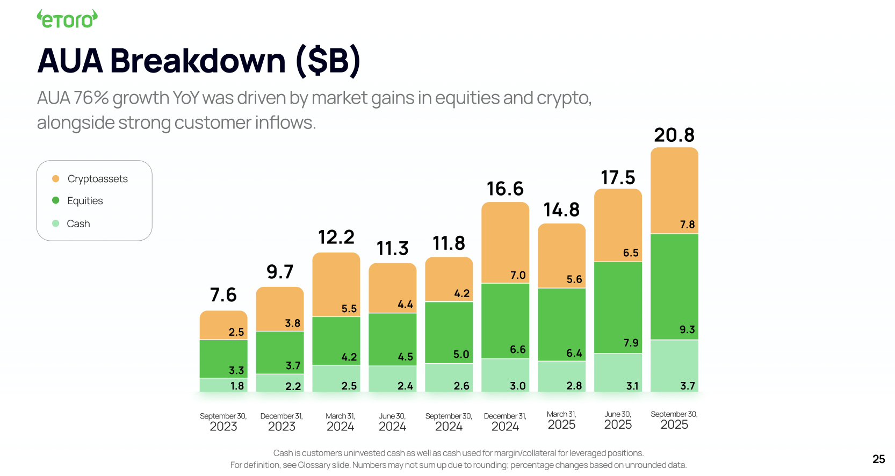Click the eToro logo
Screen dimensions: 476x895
coord(67,19)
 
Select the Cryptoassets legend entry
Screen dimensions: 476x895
coord(97,179)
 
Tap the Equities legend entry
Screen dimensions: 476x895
coord(85,201)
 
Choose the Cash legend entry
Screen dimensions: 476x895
coord(78,223)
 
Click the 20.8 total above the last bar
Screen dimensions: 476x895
coord(674,135)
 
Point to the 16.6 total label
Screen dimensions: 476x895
coord(505,189)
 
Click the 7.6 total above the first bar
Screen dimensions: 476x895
coord(223,295)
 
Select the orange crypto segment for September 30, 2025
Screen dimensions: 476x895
coord(674,188)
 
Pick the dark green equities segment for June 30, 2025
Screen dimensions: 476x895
coord(618,306)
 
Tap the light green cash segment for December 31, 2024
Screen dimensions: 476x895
coord(505,375)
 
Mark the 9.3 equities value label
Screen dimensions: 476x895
coord(687,329)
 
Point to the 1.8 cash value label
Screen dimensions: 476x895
coord(237,386)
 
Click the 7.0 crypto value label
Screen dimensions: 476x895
coord(518,275)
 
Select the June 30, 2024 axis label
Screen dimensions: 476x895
coord(392,422)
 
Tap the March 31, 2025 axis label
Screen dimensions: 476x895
coord(561,420)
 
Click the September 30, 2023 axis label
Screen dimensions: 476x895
coord(223,422)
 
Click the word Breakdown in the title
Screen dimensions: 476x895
coord(198,61)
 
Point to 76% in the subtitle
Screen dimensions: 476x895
coord(91,98)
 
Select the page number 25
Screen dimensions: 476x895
coord(878,459)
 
